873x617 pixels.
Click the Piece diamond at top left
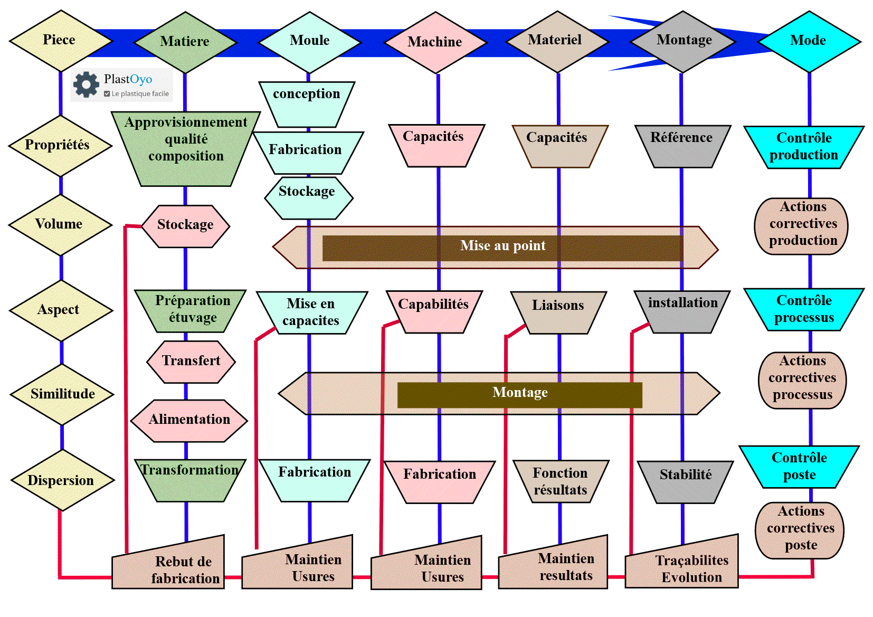[x=59, y=41]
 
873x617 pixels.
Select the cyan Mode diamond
[x=808, y=41]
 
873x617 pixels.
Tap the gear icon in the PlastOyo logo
[x=86, y=84]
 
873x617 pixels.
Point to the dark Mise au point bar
[x=502, y=247]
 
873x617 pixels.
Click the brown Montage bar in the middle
[x=519, y=394]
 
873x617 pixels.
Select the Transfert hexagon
[x=191, y=362]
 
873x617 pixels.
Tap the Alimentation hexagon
[x=189, y=420]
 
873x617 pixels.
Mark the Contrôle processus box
[x=803, y=309]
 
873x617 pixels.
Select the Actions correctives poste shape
[x=800, y=529]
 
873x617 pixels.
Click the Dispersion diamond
[x=61, y=480]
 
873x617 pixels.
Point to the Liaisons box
[x=558, y=311]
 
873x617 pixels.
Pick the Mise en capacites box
[x=311, y=312]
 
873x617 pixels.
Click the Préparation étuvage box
[x=191, y=310]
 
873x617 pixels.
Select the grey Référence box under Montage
[x=681, y=145]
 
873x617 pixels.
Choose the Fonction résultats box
[x=560, y=481]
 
